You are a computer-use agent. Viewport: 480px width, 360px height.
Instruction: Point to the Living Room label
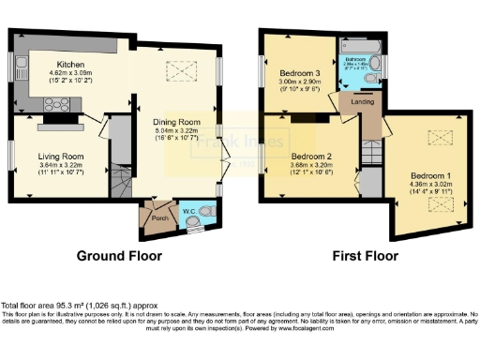[61, 156]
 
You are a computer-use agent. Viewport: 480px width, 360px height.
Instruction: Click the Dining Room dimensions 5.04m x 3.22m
[177, 132]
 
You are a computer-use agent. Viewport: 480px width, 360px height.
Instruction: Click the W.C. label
[187, 210]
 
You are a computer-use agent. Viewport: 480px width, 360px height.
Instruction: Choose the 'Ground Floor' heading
[118, 255]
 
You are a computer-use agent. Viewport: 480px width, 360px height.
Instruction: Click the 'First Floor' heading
[367, 255]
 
